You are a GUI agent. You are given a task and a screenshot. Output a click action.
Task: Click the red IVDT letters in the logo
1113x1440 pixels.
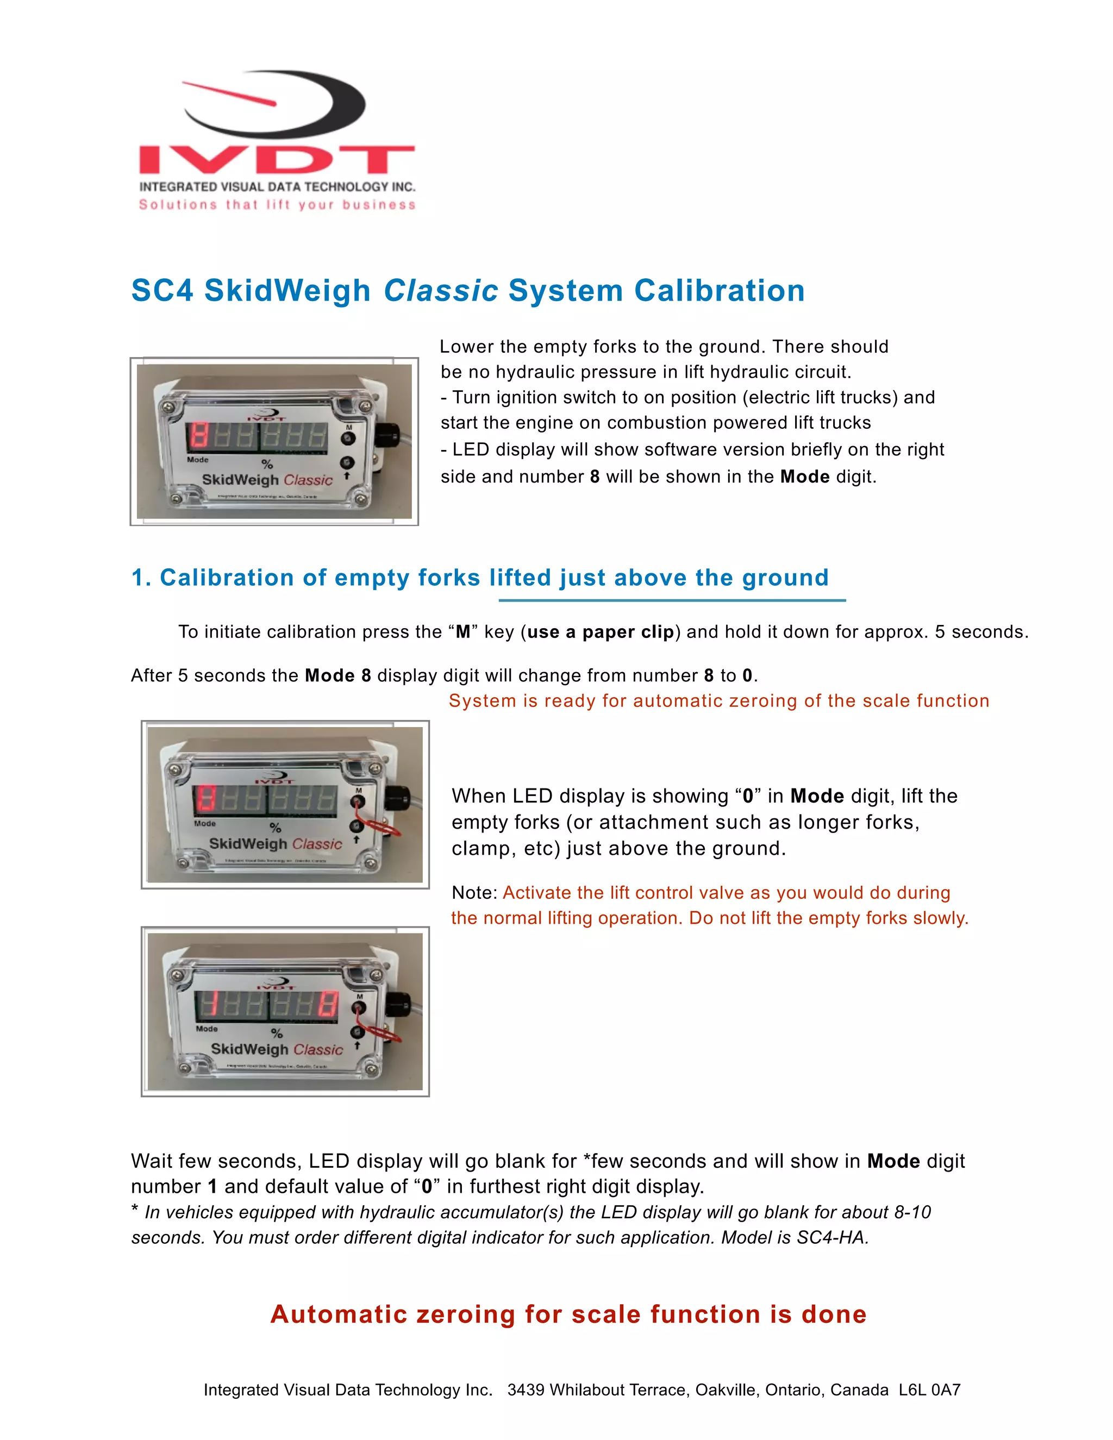pyautogui.click(x=277, y=160)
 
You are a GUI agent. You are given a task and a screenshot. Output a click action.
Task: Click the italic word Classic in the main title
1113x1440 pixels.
pyautogui.click(x=440, y=291)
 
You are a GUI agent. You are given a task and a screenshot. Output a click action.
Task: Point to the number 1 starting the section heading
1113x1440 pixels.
pyautogui.click(x=138, y=578)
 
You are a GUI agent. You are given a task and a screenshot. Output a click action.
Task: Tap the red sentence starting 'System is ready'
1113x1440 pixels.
pyautogui.click(x=718, y=701)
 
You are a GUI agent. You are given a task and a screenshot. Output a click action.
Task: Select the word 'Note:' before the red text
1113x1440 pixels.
pyautogui.click(x=474, y=893)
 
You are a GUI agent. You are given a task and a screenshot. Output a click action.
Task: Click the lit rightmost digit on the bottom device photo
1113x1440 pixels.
pyautogui.click(x=327, y=1005)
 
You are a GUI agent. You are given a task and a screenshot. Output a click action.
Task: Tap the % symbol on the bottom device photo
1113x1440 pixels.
pyautogui.click(x=277, y=1033)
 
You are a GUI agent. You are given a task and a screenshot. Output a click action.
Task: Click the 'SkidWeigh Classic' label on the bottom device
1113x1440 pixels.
pyautogui.click(x=277, y=1050)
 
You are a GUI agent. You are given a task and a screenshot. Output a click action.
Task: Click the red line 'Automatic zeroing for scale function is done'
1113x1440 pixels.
pyautogui.click(x=568, y=1314)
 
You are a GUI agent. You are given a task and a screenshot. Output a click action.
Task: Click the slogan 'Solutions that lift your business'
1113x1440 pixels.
pyautogui.click(x=277, y=205)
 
